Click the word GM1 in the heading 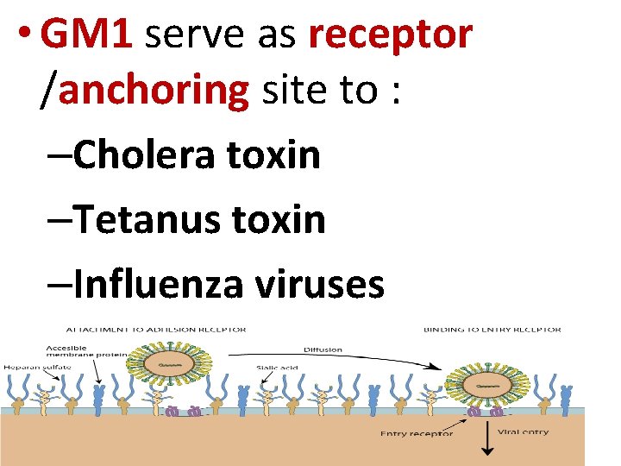pyautogui.click(x=85, y=35)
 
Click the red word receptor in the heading pyautogui.click(x=391, y=35)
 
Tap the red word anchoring pyautogui.click(x=153, y=89)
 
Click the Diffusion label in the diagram pyautogui.click(x=323, y=349)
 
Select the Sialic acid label pyautogui.click(x=277, y=368)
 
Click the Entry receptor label pyautogui.click(x=417, y=433)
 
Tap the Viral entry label pyautogui.click(x=524, y=431)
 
